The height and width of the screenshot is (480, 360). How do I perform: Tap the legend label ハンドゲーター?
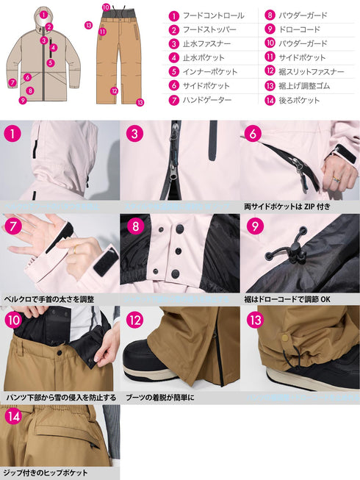pos(209,100)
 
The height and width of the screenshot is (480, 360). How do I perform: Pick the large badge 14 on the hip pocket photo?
pos(12,416)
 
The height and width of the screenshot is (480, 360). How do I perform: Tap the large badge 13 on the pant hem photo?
pos(254,320)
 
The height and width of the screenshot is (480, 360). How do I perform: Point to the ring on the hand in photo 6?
pos(334,177)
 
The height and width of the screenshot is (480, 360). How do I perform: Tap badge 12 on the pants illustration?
pos(114,92)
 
